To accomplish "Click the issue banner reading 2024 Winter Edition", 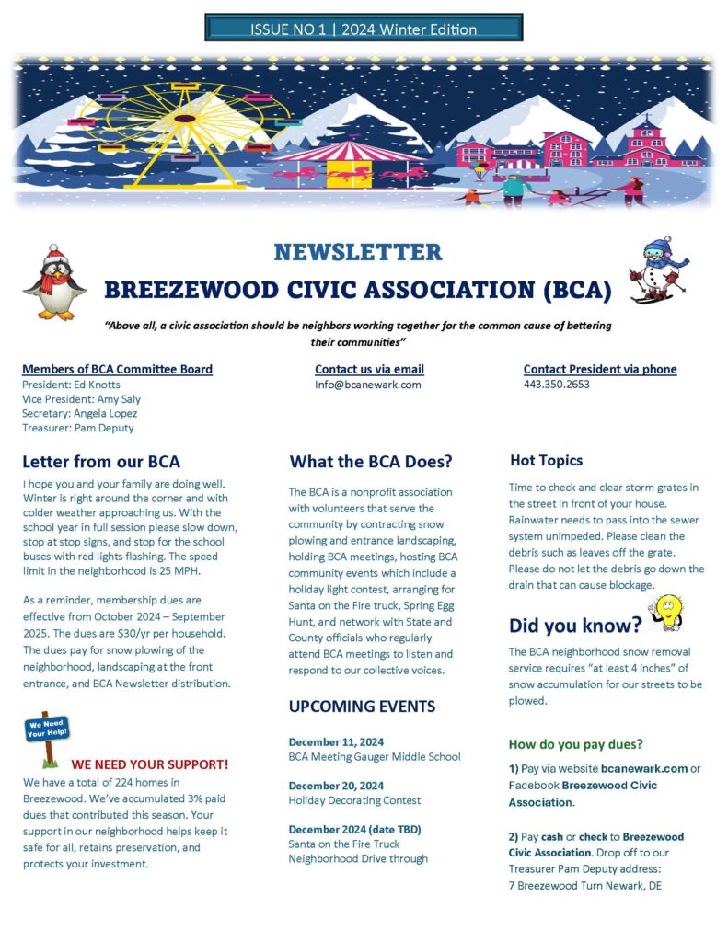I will (364, 29).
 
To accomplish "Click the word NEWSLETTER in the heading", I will (357, 252).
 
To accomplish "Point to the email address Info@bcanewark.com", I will (367, 385).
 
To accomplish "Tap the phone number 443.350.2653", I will (557, 385).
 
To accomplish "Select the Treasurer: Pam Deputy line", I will (78, 428).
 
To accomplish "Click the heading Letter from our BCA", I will (101, 462).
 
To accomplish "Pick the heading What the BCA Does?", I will (371, 462).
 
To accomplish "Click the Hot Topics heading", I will (546, 461).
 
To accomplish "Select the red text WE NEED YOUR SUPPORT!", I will (150, 764).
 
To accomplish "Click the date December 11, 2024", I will (336, 741).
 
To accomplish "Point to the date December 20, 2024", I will (336, 786).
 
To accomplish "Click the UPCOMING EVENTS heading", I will (362, 706).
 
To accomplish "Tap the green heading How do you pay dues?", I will (576, 743).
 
